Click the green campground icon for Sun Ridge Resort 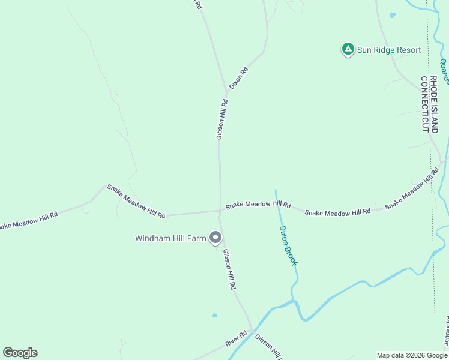tap(347, 49)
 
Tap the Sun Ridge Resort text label tap(389, 50)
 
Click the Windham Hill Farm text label tap(170, 238)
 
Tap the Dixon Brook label tap(288, 245)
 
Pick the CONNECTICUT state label tap(424, 104)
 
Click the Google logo tap(20, 353)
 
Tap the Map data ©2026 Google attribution tap(412, 355)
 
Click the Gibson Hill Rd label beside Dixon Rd tap(221, 119)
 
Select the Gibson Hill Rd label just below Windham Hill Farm tap(229, 270)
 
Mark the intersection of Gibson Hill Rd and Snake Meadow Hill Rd tap(220, 211)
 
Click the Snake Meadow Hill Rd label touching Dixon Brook tap(258, 205)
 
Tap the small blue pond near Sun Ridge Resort tap(393, 15)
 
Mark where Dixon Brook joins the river tap(294, 302)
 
